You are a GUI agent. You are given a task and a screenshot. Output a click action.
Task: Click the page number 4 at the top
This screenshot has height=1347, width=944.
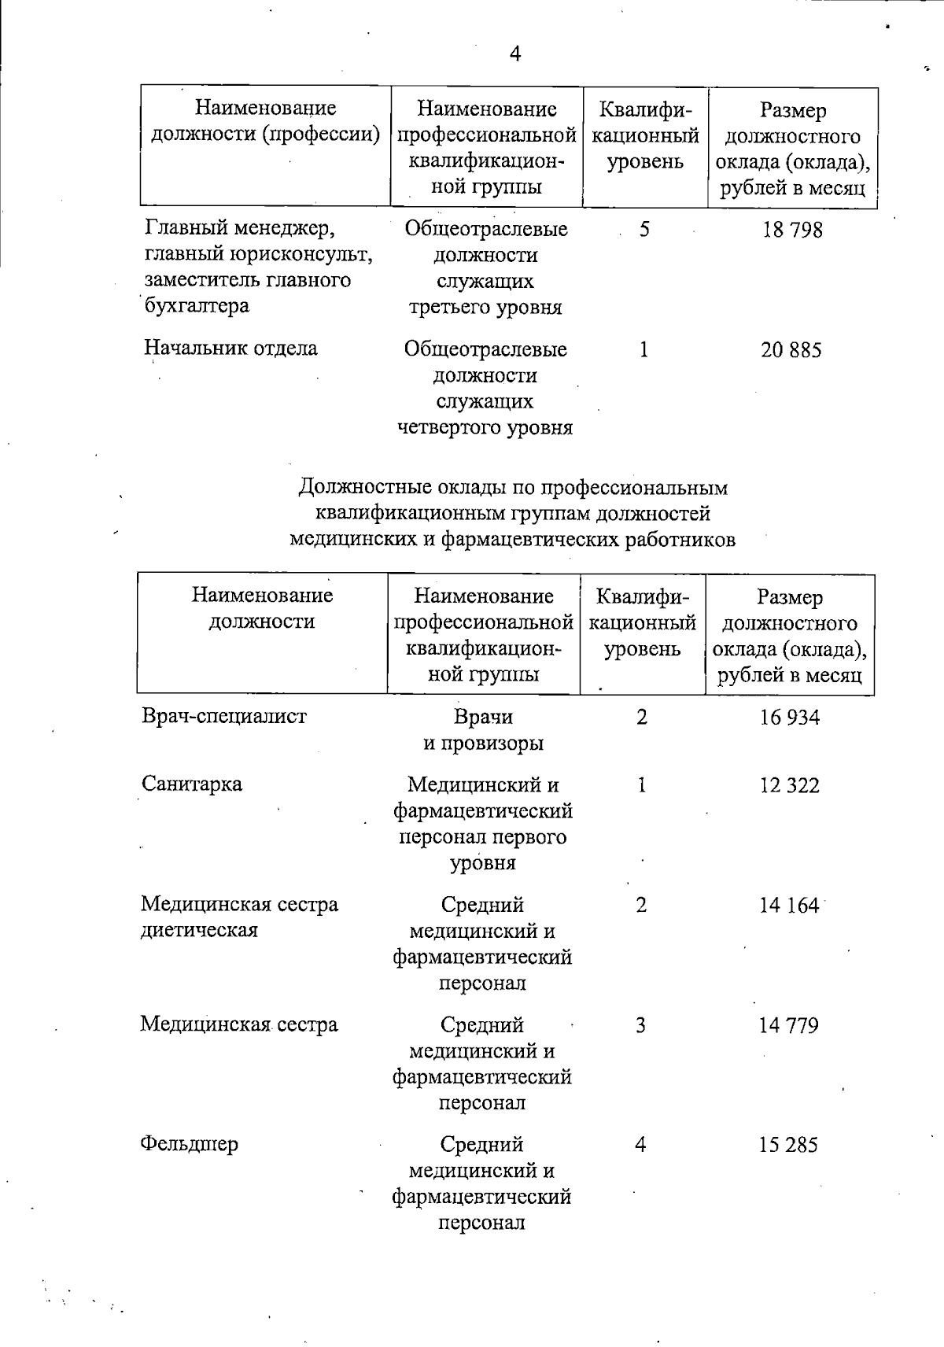515,54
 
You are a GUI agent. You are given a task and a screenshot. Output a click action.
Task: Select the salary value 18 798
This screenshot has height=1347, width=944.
792,230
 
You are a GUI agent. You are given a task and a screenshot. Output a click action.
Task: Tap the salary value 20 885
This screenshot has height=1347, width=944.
791,349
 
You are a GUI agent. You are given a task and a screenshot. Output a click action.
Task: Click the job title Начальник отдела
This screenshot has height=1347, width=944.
231,349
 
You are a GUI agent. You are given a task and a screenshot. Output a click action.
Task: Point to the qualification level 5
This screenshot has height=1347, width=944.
645,230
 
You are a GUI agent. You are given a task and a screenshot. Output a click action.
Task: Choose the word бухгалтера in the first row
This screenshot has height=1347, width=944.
197,306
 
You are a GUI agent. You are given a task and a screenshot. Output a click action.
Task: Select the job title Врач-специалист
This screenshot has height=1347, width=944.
224,717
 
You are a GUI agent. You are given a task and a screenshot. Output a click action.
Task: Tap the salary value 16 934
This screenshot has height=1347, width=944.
790,718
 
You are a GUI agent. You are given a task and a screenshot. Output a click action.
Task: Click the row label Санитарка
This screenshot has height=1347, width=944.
192,784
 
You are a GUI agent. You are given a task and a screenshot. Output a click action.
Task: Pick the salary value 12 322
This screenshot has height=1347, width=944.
790,785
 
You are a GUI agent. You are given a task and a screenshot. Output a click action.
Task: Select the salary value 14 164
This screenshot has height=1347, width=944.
789,906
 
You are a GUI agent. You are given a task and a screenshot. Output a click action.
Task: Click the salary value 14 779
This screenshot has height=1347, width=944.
789,1025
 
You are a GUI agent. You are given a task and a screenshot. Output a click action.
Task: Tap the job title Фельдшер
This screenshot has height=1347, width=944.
189,1144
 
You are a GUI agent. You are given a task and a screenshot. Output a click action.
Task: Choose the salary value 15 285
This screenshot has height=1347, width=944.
789,1145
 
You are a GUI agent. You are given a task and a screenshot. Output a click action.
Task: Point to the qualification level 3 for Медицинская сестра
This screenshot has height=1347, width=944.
641,1025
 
